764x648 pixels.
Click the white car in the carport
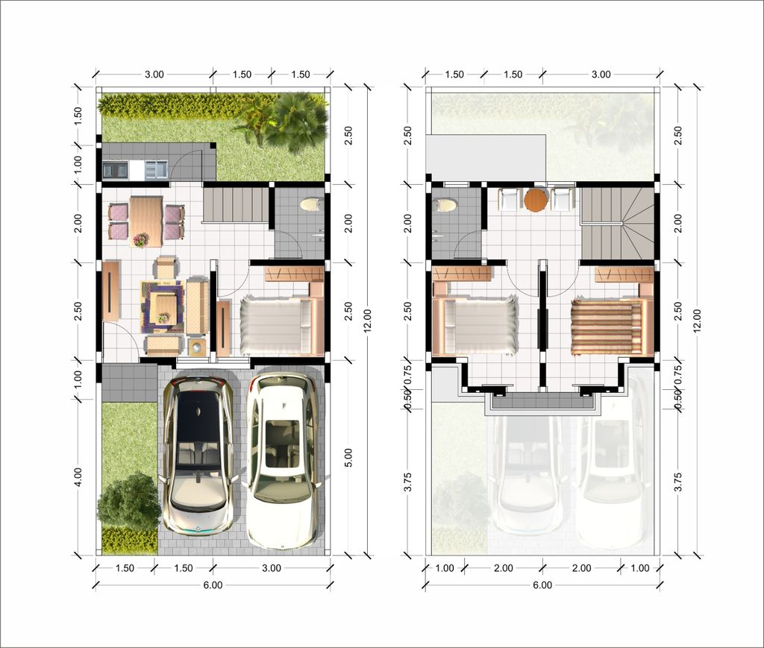281,459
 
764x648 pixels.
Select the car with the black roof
198,455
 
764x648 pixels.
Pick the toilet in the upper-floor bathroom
445,204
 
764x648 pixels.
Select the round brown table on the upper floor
536,200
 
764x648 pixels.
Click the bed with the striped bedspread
607,327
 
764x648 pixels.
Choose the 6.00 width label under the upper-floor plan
542,585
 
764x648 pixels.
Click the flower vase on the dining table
140,239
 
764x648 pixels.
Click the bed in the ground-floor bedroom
276,326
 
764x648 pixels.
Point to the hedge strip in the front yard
129,541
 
